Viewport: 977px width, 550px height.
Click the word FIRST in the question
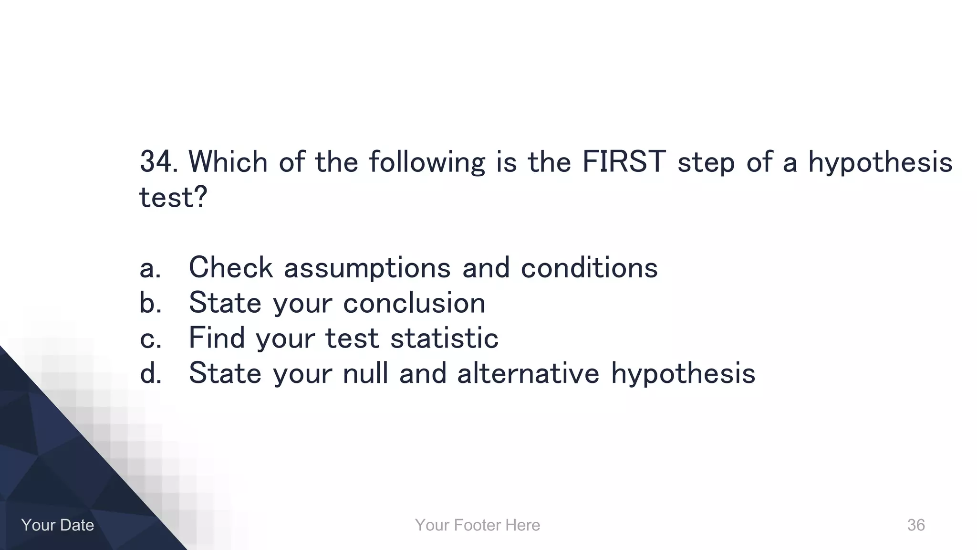click(624, 162)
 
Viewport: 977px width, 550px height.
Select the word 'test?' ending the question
click(173, 197)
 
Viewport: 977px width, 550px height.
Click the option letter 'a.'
click(150, 268)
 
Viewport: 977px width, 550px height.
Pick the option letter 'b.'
click(150, 303)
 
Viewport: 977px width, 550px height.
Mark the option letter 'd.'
click(150, 373)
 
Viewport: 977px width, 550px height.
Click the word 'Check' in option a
click(231, 267)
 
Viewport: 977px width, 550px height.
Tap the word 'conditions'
click(589, 267)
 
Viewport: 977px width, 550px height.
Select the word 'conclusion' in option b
click(414, 303)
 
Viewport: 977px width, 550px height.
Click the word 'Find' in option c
click(217, 338)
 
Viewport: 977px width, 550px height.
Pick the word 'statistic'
click(444, 338)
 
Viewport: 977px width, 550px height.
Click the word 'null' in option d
click(365, 373)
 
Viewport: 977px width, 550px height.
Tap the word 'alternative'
click(528, 373)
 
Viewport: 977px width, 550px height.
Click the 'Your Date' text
click(57, 525)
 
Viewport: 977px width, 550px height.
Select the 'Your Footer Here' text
click(478, 525)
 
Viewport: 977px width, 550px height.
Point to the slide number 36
click(915, 525)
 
